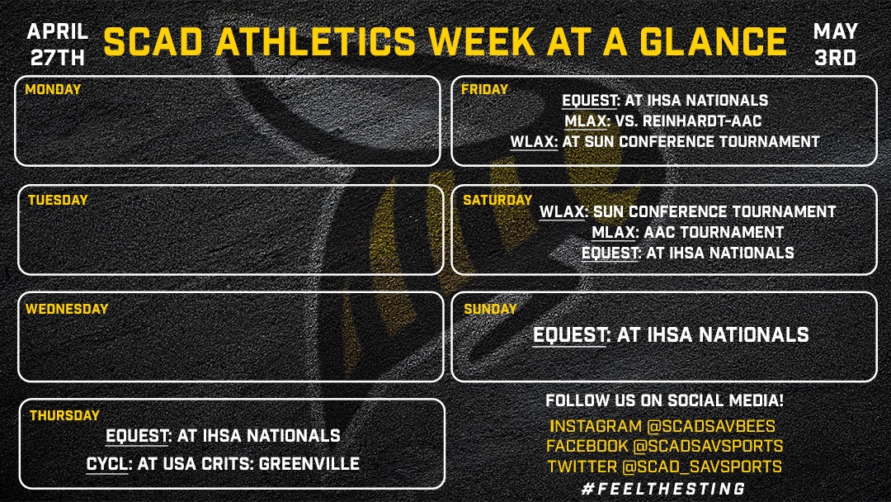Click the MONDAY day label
(53, 89)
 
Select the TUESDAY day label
(58, 200)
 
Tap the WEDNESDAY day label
(67, 309)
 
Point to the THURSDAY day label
(65, 415)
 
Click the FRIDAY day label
(485, 89)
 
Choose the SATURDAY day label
(497, 200)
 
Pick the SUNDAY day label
(490, 309)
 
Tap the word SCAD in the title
(153, 41)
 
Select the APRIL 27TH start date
(58, 45)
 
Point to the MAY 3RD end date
(835, 45)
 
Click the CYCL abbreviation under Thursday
(107, 464)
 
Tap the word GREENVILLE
(309, 464)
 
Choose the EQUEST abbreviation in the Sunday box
(568, 335)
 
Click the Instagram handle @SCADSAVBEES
(711, 426)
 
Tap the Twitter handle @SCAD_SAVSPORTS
(702, 466)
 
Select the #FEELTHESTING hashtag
(663, 488)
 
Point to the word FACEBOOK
(587, 447)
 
